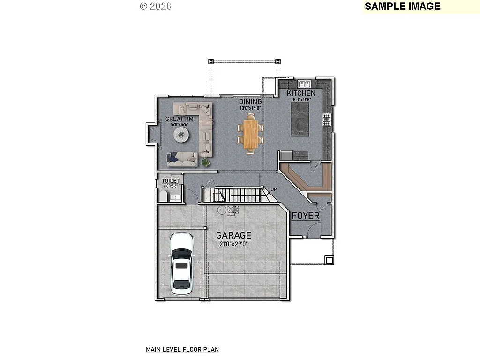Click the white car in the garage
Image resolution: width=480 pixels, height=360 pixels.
click(181, 263)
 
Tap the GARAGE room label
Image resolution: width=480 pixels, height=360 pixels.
click(233, 235)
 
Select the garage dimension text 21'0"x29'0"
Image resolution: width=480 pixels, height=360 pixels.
click(233, 244)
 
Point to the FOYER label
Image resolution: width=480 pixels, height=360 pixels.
click(306, 216)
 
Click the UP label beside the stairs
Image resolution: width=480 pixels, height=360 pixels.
click(274, 189)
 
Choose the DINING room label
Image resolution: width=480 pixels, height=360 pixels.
click(250, 102)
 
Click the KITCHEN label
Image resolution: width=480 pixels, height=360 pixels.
click(301, 93)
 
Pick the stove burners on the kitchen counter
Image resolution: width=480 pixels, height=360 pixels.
click(326, 120)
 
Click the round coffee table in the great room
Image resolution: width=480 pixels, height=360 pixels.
click(181, 135)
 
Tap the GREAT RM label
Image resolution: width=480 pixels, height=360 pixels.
click(177, 119)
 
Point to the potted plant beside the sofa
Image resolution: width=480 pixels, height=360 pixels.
click(205, 163)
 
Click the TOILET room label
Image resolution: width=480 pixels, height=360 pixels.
click(171, 181)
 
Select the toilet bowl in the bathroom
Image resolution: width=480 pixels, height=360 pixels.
click(164, 195)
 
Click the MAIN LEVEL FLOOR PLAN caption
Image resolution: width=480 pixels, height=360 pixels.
click(182, 349)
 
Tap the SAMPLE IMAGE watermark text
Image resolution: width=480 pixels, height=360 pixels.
click(402, 6)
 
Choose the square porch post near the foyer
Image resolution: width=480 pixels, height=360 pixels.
click(329, 260)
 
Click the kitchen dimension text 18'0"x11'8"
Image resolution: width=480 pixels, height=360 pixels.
click(301, 99)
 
